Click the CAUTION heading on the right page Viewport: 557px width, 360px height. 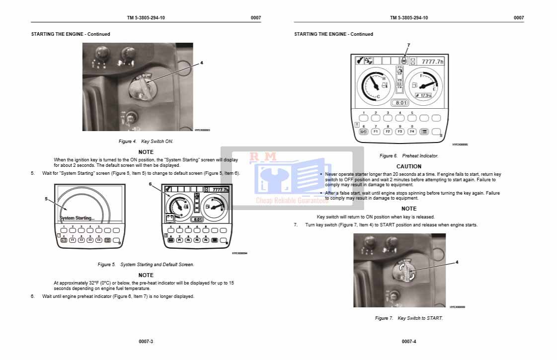(408, 166)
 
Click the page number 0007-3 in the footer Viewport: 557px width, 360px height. (146, 342)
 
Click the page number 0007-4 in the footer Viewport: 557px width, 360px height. (409, 342)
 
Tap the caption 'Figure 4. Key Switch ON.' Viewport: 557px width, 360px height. (146, 142)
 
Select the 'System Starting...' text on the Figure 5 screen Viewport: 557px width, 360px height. (77, 218)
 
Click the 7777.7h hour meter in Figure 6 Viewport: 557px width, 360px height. (432, 62)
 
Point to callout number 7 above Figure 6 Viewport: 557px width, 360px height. (408, 46)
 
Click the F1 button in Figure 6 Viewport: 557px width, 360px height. (376, 132)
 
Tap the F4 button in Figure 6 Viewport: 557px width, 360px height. (412, 132)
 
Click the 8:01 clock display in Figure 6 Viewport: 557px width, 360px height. (400, 103)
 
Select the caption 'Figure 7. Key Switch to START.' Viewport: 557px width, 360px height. (408, 318)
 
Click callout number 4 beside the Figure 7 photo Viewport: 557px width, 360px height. (457, 262)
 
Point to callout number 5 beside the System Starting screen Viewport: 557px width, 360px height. (46, 199)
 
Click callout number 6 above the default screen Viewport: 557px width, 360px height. (150, 184)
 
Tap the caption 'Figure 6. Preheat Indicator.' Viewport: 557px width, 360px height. (408, 156)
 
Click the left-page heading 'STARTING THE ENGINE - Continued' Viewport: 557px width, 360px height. (71, 34)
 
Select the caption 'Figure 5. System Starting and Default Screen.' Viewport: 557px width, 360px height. (146, 265)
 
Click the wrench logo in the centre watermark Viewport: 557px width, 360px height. (272, 180)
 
